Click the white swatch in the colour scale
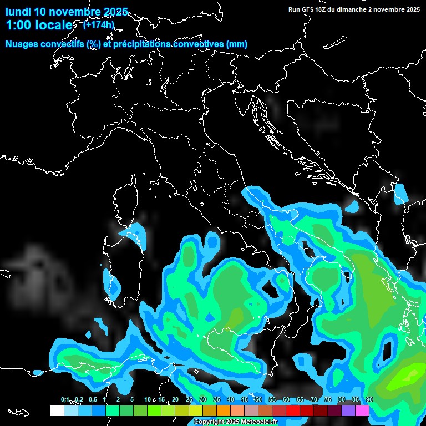click(57, 410)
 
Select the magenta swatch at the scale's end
click(362, 410)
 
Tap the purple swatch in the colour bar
click(348, 410)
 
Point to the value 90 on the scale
click(369, 399)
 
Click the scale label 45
click(245, 399)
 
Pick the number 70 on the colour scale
click(314, 399)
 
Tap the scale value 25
click(189, 399)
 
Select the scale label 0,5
click(93, 399)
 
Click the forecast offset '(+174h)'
click(98, 24)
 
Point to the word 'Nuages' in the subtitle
click(22, 44)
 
